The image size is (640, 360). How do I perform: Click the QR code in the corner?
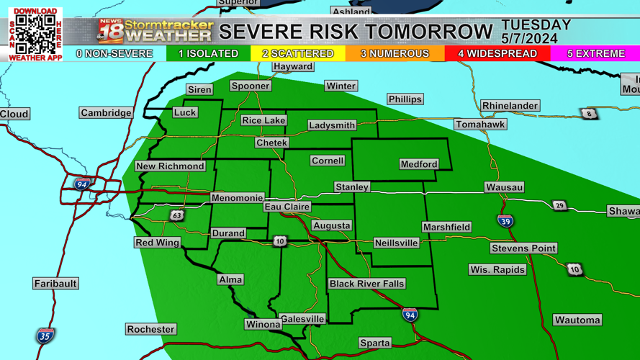pyautogui.click(x=35, y=33)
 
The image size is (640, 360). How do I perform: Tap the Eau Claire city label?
pyautogui.click(x=287, y=207)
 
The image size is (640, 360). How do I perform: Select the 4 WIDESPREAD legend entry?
pyautogui.click(x=497, y=54)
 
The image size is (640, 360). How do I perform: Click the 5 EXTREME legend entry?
pyautogui.click(x=595, y=54)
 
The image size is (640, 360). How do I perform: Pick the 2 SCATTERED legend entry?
pyautogui.click(x=297, y=54)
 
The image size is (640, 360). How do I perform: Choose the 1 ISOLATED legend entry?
pyautogui.click(x=208, y=54)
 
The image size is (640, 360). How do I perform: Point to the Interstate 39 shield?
pyautogui.click(x=505, y=221)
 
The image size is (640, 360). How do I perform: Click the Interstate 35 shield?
pyautogui.click(x=45, y=335)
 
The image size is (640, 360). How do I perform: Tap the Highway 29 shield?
pyautogui.click(x=559, y=206)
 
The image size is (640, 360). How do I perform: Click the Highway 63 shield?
pyautogui.click(x=177, y=215)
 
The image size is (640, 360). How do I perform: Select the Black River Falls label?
pyautogui.click(x=366, y=284)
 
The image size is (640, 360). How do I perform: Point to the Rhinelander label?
pyautogui.click(x=510, y=106)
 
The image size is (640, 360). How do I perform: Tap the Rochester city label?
pyautogui.click(x=150, y=329)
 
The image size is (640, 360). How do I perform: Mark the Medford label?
pyautogui.click(x=418, y=164)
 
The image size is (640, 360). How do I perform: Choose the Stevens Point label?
pyautogui.click(x=523, y=248)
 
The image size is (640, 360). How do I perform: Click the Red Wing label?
pyautogui.click(x=157, y=243)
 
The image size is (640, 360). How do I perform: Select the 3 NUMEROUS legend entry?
pyautogui.click(x=395, y=54)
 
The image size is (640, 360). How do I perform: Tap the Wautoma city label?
pyautogui.click(x=577, y=320)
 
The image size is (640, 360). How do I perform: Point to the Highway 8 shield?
pyautogui.click(x=589, y=114)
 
